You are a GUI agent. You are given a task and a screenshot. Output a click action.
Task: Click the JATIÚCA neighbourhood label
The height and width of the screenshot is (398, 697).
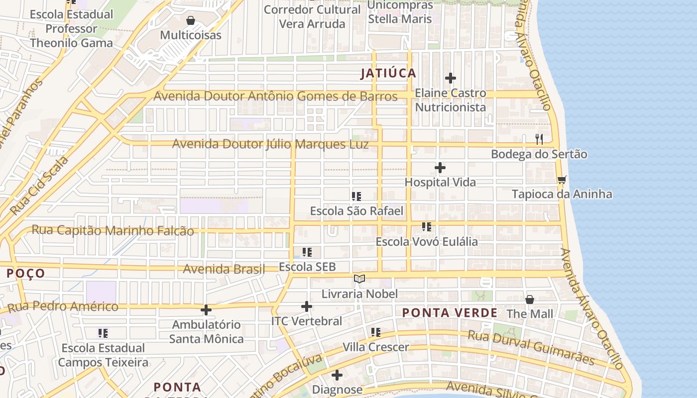pos(388,73)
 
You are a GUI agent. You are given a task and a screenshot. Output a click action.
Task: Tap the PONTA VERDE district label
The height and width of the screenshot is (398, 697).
pos(450,313)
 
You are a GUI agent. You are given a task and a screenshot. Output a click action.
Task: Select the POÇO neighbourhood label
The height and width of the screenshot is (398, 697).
pos(26,273)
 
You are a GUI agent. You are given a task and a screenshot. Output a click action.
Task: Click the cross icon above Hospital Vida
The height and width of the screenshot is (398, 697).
pos(440,168)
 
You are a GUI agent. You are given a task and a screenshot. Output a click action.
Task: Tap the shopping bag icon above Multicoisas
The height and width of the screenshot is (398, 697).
pos(190,21)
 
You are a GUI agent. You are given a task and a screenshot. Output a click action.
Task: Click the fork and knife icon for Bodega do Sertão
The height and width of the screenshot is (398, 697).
pos(539,139)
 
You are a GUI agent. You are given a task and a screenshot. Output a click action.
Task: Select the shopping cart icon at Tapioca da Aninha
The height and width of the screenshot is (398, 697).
pos(562,180)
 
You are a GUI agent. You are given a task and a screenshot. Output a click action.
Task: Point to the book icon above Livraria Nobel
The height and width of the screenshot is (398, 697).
pos(359,279)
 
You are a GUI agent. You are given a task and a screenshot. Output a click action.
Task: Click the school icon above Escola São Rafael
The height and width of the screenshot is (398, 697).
pos(356,197)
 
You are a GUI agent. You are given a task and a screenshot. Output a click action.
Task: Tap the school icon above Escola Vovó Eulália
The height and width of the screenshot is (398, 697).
pos(426,227)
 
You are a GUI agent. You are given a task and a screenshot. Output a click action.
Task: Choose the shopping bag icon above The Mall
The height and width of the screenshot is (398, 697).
pos(530,299)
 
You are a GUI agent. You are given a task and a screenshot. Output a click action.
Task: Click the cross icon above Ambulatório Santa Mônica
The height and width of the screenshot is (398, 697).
pos(206,310)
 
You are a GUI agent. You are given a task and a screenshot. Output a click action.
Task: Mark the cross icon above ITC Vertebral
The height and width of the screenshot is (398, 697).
pos(307,306)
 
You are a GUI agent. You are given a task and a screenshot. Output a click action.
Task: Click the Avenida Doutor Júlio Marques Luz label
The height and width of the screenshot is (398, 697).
pos(270,144)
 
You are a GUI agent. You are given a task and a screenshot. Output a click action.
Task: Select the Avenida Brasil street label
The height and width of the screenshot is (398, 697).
pos(224,269)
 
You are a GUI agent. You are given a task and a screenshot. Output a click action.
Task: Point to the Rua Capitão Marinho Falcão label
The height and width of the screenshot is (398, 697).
pos(113,230)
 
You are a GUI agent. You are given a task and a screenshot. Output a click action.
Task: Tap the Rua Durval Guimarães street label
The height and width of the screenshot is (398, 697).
pos(532,346)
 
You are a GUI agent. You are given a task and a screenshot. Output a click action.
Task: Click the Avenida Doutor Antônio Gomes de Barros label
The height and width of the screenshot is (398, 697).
pos(275,96)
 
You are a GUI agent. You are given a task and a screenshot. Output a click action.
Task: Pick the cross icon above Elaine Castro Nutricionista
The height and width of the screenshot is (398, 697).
pos(450,78)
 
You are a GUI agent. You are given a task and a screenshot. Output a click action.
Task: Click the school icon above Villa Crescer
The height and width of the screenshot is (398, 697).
pos(375,332)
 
